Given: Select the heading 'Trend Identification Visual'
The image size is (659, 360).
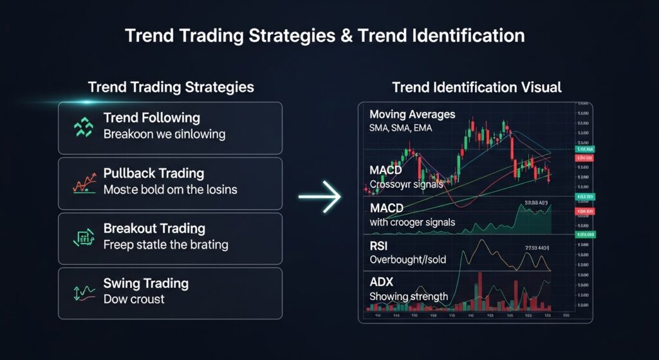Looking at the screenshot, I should click(476, 87).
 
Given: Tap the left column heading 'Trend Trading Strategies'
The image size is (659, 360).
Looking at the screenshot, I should click(171, 87).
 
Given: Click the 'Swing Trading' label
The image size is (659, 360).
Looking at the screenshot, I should click(145, 283).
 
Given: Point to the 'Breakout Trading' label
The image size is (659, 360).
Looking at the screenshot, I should click(154, 229).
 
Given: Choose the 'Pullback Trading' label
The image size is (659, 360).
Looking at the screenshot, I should click(153, 174).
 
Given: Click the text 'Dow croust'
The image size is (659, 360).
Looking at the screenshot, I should click(133, 299).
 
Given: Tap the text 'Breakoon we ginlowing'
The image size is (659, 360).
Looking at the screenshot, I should click(164, 135).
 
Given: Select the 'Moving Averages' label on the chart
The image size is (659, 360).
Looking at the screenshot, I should click(412, 115).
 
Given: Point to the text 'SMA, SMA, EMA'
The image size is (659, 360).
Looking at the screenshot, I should click(400, 128).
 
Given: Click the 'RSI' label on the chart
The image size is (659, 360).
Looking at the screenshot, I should click(378, 247).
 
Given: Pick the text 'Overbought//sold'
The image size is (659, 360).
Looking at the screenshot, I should click(408, 260).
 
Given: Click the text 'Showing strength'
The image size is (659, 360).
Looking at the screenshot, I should click(409, 296).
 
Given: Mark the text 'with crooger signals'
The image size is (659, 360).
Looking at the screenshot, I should click(413, 222).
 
